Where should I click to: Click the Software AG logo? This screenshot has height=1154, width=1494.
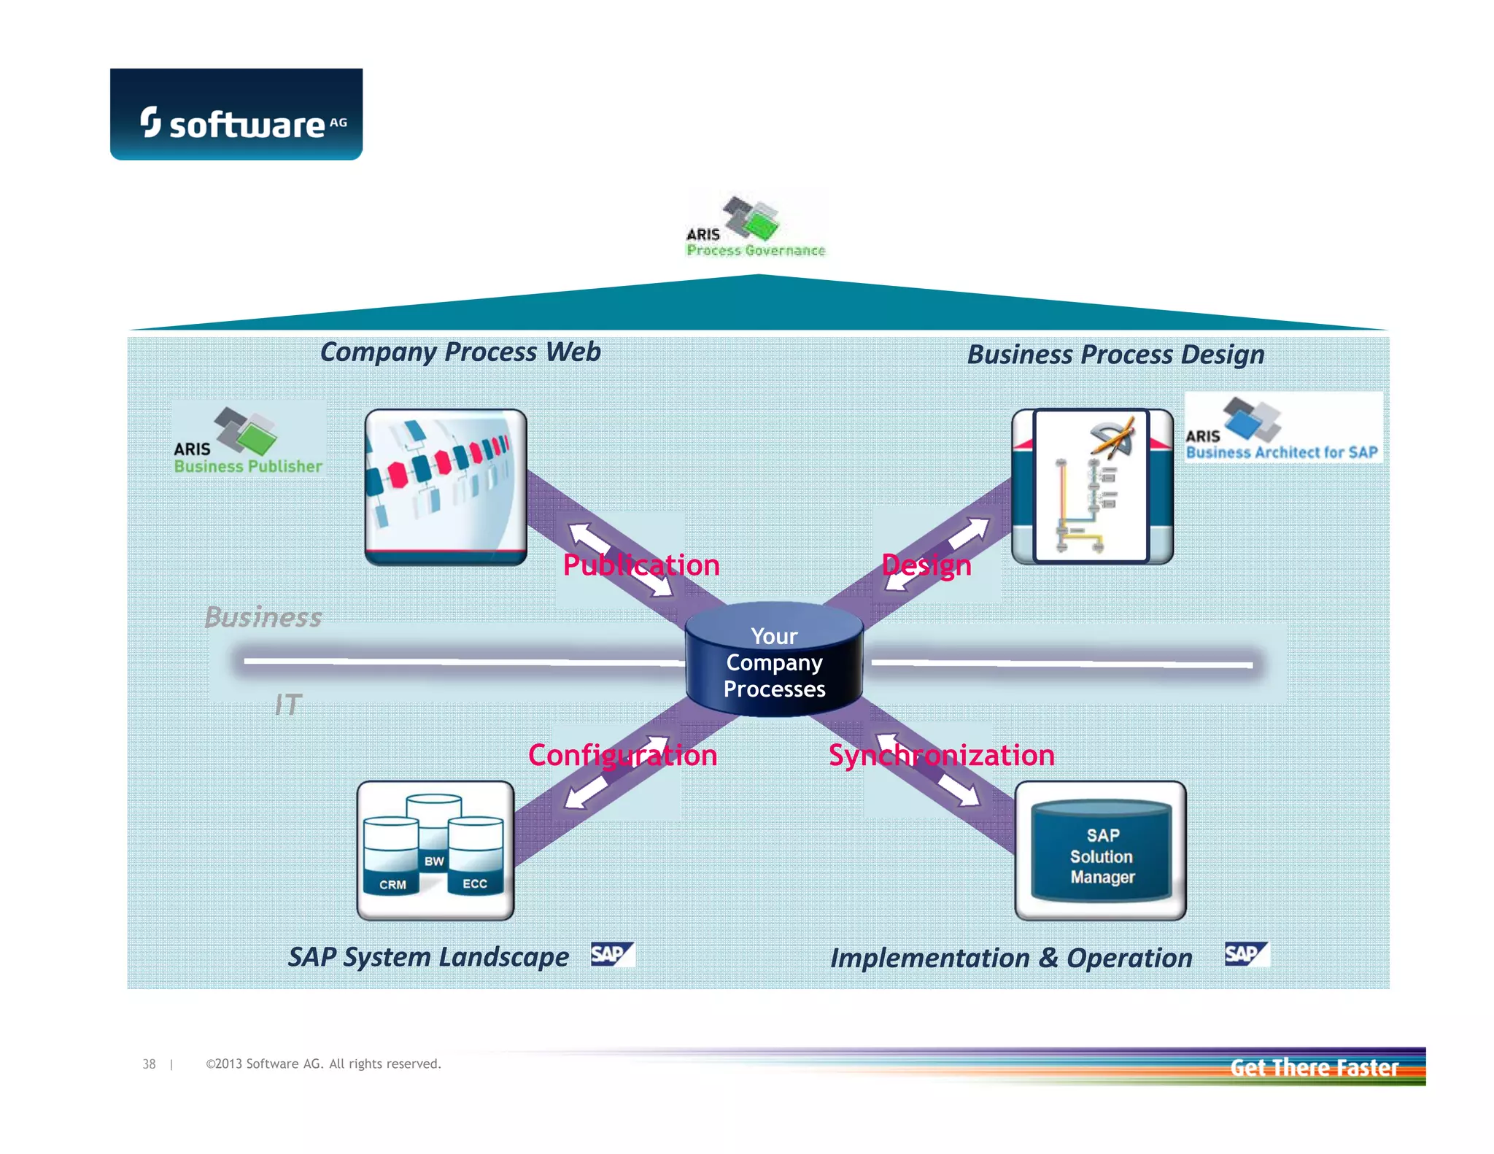click(x=236, y=115)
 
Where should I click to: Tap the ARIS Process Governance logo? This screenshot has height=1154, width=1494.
click(x=755, y=227)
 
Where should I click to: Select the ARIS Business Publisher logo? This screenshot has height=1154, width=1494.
click(x=248, y=440)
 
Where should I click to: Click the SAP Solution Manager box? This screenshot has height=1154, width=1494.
click(x=1101, y=851)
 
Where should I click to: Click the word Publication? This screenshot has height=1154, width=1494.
click(x=641, y=565)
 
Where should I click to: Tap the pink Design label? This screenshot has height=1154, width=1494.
click(x=926, y=565)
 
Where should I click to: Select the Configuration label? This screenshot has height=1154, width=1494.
click(x=622, y=755)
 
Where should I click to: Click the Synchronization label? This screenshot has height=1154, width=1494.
click(x=941, y=755)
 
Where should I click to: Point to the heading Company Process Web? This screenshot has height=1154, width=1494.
click(x=460, y=352)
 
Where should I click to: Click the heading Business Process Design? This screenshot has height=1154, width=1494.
click(x=1115, y=355)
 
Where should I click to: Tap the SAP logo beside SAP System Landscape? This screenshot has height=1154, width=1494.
click(x=612, y=954)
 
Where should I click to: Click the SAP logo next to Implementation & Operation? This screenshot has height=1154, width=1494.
click(x=1247, y=954)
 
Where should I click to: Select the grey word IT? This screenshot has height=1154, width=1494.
click(x=288, y=705)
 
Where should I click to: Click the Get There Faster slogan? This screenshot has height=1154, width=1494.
click(x=1314, y=1067)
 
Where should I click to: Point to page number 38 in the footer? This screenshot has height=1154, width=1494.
click(x=149, y=1064)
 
